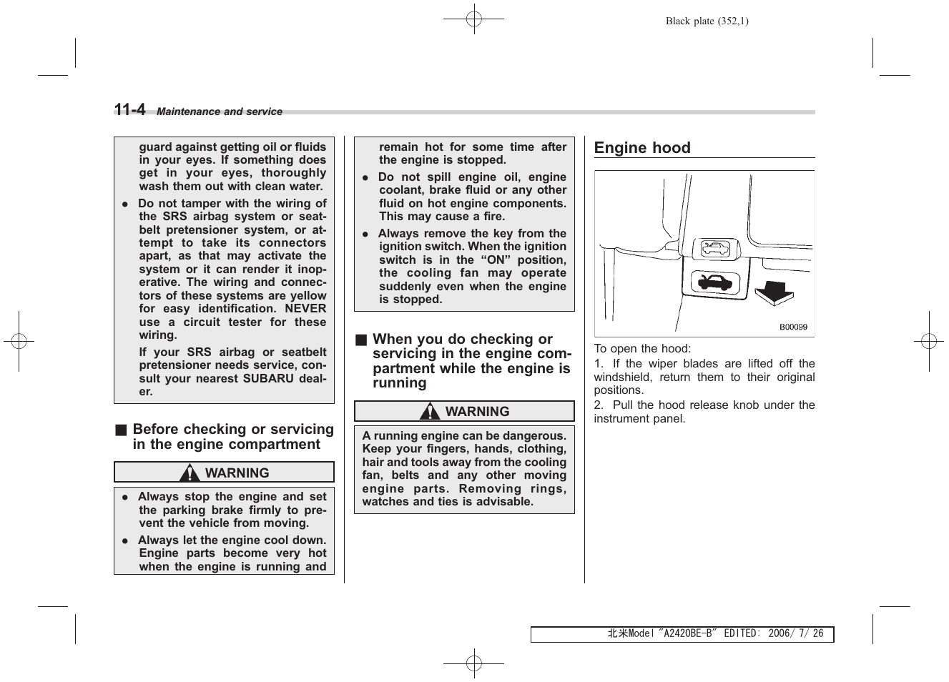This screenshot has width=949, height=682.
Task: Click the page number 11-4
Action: click(129, 109)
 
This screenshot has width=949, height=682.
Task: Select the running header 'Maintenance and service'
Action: click(220, 112)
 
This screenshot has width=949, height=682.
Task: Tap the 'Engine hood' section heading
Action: click(642, 148)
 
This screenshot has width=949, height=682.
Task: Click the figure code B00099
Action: click(792, 327)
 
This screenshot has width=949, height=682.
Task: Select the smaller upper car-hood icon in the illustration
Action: click(713, 249)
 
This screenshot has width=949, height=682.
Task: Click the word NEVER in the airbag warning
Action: click(305, 309)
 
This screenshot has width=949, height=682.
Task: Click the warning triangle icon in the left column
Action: click(190, 473)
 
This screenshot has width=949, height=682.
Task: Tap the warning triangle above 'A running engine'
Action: click(430, 412)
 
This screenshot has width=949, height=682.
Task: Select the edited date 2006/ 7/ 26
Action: click(795, 634)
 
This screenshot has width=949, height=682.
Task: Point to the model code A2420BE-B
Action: click(688, 634)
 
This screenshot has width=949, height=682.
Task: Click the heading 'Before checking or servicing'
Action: click(233, 430)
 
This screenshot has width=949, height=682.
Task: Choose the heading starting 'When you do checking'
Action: click(463, 340)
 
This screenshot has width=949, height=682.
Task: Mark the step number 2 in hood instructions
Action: click(598, 405)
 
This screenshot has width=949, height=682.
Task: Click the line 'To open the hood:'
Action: click(642, 349)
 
